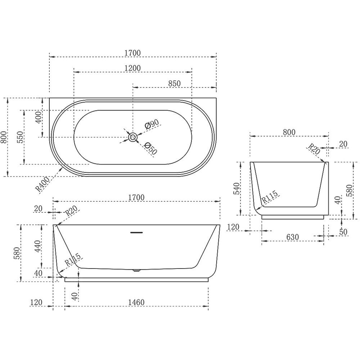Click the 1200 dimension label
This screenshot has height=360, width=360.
click(132, 68)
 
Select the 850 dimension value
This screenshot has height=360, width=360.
click(175, 84)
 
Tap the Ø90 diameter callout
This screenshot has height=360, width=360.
click(152, 124)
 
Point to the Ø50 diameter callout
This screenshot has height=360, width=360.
click(151, 148)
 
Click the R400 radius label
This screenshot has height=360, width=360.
click(42, 184)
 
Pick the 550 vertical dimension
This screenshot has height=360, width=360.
click(21, 137)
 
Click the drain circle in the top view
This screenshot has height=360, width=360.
click(132, 137)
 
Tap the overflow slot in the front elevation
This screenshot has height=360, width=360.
click(136, 233)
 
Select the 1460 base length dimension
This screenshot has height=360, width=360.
click(136, 302)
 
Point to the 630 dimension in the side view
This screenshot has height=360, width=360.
click(292, 237)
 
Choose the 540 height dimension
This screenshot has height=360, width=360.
click(237, 189)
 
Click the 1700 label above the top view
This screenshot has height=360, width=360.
click(132, 53)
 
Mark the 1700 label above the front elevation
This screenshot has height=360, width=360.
click(136, 197)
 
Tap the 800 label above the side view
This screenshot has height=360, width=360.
click(289, 132)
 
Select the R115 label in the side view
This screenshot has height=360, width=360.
click(270, 197)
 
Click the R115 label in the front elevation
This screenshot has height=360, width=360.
click(73, 260)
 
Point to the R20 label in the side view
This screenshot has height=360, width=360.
click(314, 149)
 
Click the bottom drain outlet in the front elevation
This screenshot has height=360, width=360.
click(136, 270)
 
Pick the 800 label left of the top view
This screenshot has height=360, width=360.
click(4, 137)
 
